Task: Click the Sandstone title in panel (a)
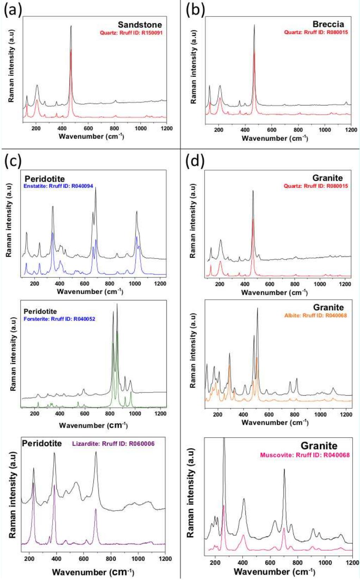tap(140, 25)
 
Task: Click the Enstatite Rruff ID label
tap(59, 186)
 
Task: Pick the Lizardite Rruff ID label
tap(114, 444)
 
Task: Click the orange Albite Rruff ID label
tap(316, 315)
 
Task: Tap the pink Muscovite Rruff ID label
tap(305, 455)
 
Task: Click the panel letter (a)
tap(13, 10)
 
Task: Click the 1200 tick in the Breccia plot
tap(350, 130)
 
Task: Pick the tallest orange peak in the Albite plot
tap(257, 358)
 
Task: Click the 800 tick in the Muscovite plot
tap(297, 563)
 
